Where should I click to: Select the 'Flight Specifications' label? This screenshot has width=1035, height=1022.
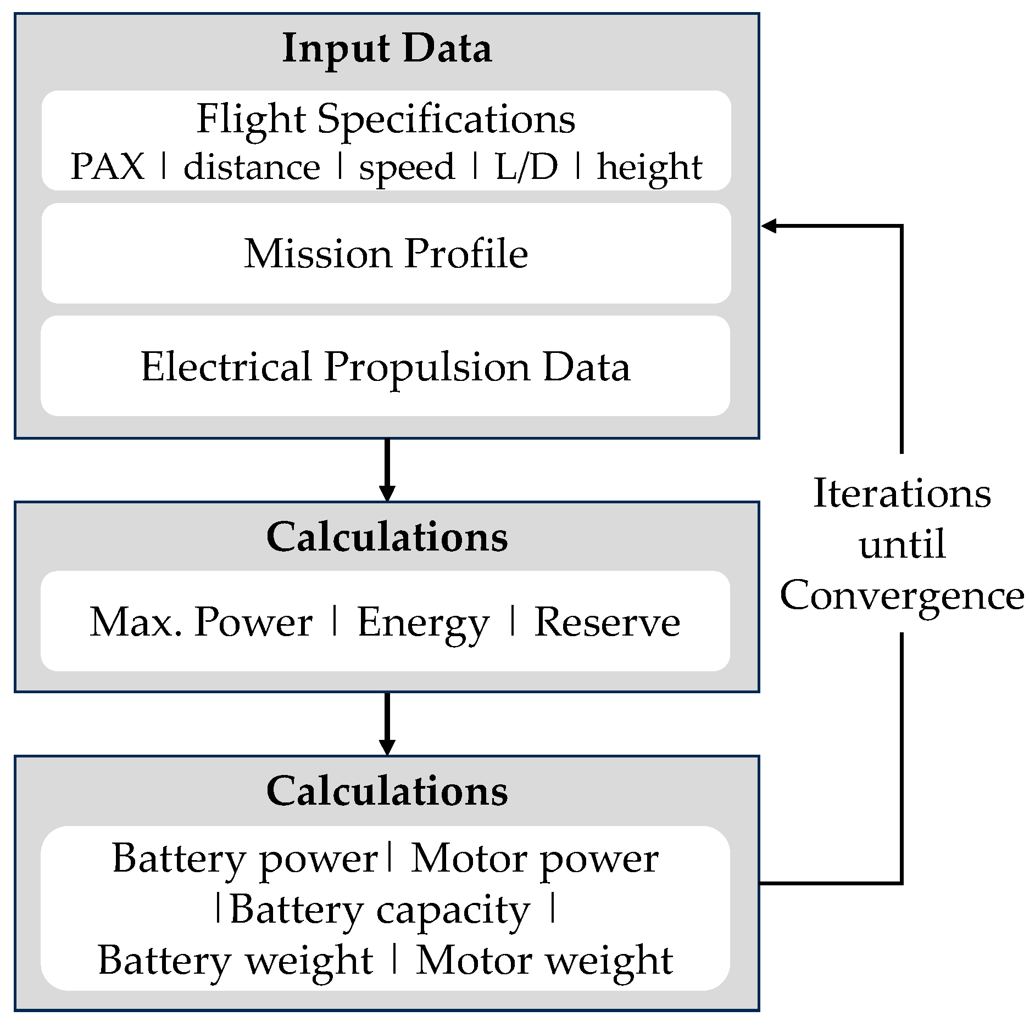point(386,119)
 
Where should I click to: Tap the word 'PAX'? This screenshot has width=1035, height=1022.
point(108,167)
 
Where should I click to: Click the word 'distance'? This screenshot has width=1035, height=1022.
point(252,167)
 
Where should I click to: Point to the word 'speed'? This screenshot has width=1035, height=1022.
point(407,168)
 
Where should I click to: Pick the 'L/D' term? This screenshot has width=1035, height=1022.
point(526,167)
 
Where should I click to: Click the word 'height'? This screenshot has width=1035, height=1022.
point(649,168)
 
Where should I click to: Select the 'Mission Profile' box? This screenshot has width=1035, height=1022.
point(386,254)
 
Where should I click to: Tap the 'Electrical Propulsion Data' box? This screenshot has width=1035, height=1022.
point(386,367)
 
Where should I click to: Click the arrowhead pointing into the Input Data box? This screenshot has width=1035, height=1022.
point(769,226)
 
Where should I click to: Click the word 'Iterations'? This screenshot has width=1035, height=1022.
point(902,493)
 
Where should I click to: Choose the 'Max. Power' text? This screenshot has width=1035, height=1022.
point(201,622)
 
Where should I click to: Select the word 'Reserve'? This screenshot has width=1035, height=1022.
point(607,622)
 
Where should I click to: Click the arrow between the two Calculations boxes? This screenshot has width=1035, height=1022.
point(387,723)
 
